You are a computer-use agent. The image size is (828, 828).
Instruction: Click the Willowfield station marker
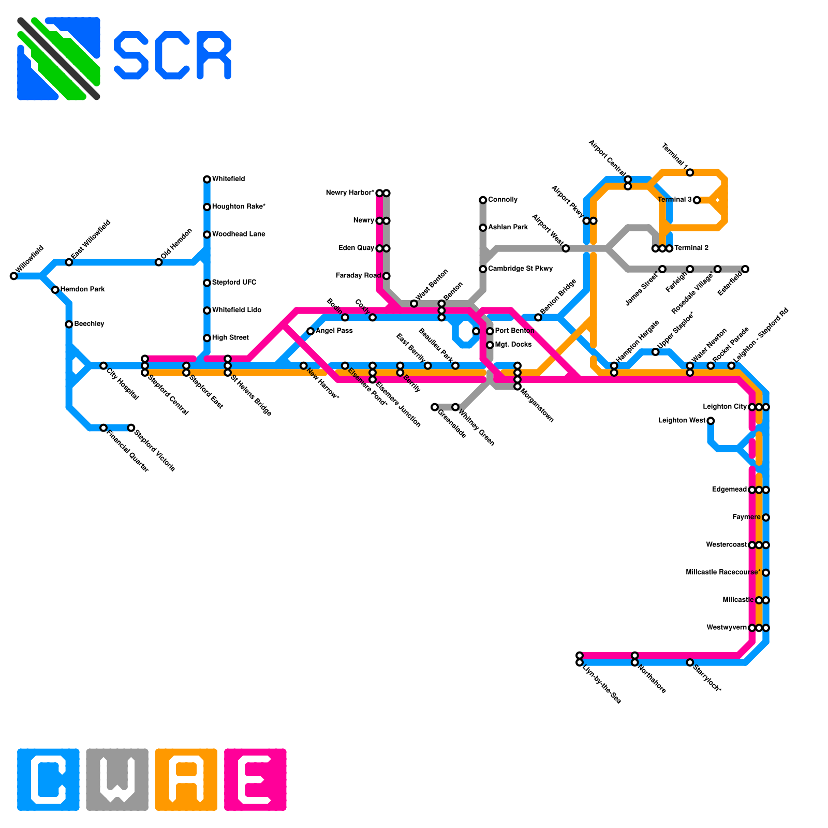coord(13,276)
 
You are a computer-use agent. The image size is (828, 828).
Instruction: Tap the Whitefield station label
coord(228,179)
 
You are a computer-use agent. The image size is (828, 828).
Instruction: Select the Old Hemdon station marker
coord(159,262)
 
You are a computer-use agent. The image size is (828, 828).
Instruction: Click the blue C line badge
coord(48,779)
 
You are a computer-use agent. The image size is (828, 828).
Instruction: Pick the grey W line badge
coord(117,779)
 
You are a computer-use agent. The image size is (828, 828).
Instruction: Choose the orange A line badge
coord(186,779)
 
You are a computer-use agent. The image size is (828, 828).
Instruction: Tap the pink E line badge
coord(255,779)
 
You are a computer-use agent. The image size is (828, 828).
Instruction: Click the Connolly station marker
coord(483,200)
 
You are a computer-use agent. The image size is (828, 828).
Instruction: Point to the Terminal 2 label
coord(691,248)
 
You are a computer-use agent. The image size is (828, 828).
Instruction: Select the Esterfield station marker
coord(745,269)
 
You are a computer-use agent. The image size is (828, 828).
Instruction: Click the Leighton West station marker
coord(711,421)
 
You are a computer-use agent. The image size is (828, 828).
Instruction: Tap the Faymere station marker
coord(766,517)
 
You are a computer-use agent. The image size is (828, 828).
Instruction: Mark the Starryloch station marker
coord(690,662)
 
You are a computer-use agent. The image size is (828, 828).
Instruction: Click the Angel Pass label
coord(334,331)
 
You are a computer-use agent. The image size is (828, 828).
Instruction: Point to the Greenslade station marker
coord(435,407)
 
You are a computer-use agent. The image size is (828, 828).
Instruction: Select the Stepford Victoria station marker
coord(131,428)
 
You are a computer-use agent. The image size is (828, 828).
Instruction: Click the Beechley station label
coord(89,324)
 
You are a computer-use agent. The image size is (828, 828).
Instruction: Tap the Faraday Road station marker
coord(387,276)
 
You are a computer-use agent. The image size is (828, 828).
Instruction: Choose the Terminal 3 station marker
coord(697,200)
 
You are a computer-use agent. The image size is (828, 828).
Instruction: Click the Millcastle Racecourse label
coord(723,572)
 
